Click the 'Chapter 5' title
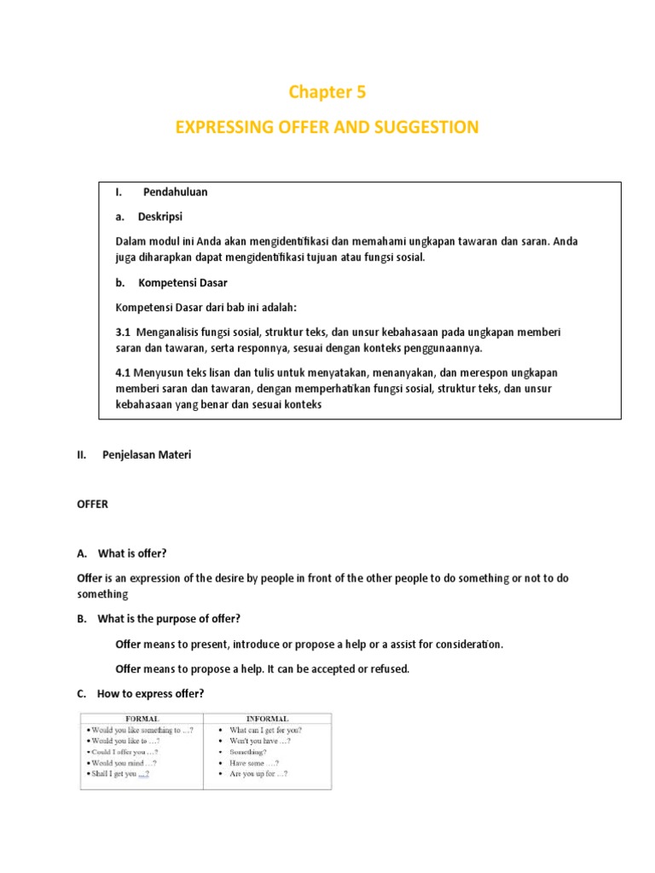327,92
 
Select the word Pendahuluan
175,192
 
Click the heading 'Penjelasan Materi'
147,455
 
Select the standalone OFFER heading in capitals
93,504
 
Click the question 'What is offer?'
132,553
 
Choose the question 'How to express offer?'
151,693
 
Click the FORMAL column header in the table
142,718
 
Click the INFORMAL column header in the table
267,718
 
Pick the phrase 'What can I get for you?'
265,730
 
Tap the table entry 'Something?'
248,752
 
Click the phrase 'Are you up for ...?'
258,773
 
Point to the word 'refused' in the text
391,668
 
